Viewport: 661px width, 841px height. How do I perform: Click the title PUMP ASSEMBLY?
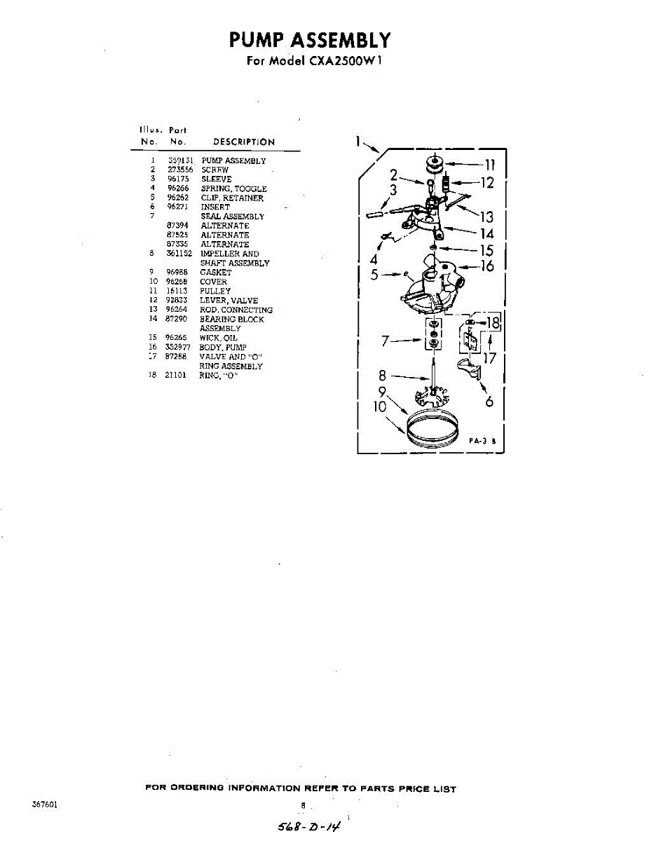pyautogui.click(x=309, y=39)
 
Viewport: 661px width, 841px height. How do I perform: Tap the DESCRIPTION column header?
pyautogui.click(x=244, y=142)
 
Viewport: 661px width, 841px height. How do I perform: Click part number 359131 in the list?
pyautogui.click(x=180, y=160)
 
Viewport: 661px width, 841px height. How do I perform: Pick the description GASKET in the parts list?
pyautogui.click(x=216, y=272)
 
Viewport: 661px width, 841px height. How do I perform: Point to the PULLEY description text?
pyautogui.click(x=215, y=291)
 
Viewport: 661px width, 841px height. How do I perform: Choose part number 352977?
pyautogui.click(x=179, y=347)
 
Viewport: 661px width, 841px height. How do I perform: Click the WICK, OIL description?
pyautogui.click(x=219, y=338)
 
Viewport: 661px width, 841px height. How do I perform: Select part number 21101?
pyautogui.click(x=175, y=375)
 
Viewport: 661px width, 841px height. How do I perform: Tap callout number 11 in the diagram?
pyautogui.click(x=490, y=165)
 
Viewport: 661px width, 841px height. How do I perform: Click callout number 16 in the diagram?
pyautogui.click(x=487, y=266)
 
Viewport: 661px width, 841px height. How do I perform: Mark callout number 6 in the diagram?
pyautogui.click(x=489, y=402)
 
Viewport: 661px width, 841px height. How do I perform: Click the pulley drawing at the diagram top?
pyautogui.click(x=435, y=167)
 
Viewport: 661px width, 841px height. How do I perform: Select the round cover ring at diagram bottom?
pyautogui.click(x=432, y=428)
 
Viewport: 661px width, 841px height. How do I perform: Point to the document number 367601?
pyautogui.click(x=44, y=805)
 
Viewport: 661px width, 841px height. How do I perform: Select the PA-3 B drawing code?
pyautogui.click(x=483, y=442)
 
